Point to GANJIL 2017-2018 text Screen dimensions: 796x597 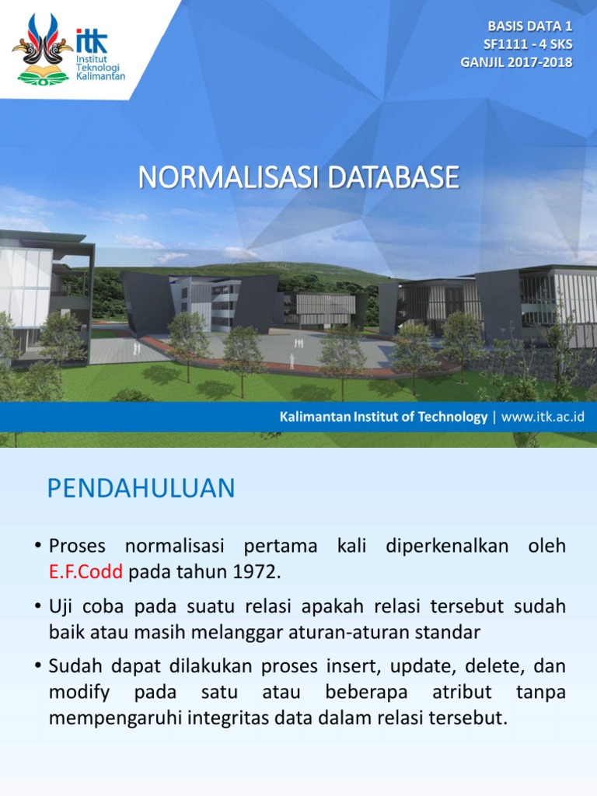click(517, 62)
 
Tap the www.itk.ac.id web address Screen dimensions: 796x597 click(543, 417)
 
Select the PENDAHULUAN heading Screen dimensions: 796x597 click(141, 489)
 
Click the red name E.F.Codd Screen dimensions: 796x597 click(86, 573)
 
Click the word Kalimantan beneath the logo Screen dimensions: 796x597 click(101, 76)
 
